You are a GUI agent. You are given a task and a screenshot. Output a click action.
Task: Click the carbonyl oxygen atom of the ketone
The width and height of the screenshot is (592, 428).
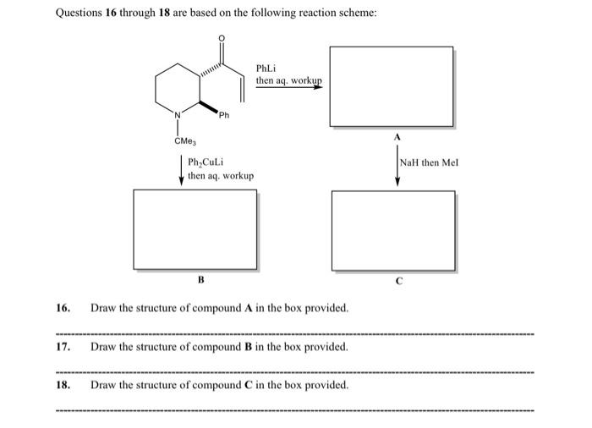[x=222, y=39]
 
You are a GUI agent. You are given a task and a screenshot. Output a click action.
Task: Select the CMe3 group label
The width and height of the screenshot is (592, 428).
[x=185, y=141]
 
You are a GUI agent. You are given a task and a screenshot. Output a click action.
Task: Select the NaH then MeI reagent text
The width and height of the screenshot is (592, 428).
[x=429, y=162]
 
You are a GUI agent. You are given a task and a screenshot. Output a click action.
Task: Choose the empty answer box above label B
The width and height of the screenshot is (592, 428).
[x=195, y=229]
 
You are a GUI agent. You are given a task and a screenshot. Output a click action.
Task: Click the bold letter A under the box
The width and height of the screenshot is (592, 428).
[x=395, y=136]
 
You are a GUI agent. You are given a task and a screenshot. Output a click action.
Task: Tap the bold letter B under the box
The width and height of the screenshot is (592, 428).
[x=200, y=277]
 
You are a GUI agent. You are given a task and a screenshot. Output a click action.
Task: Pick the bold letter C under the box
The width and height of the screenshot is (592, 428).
[x=399, y=279]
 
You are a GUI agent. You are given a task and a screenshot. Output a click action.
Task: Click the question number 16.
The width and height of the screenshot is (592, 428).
[x=63, y=307]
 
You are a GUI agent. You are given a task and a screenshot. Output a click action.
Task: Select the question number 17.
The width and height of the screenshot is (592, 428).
[x=63, y=347]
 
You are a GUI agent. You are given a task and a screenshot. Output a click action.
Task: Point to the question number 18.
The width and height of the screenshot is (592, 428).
[x=63, y=385]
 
